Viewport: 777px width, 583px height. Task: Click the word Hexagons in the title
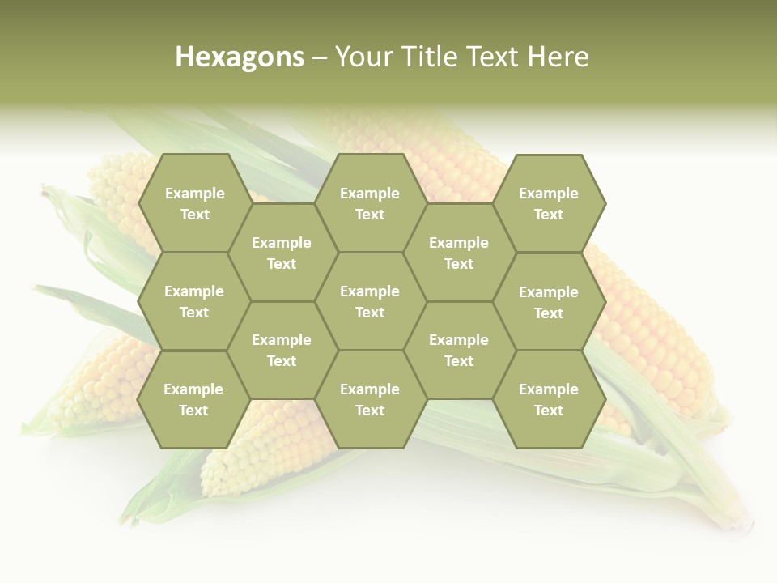pos(240,57)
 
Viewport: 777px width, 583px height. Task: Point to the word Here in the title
pos(558,57)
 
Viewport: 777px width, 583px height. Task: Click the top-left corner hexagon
pos(194,203)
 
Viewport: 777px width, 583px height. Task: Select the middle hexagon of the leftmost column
pos(194,301)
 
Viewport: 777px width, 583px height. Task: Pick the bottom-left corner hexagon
pos(193,399)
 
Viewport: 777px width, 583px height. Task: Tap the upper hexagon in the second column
pos(282,253)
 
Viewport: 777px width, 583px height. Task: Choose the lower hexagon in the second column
pos(282,350)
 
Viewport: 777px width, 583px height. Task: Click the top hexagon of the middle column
pos(370,203)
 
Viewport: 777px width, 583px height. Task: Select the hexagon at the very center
pos(370,301)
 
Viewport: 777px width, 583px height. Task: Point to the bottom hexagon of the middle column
pos(370,399)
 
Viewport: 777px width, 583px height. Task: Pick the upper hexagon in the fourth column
pos(459,253)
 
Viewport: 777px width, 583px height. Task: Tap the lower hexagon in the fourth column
pos(459,350)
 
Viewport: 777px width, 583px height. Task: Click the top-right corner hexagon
pos(549,203)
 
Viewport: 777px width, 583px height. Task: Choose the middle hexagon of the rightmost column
pos(549,302)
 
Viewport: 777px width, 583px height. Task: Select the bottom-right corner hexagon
pos(549,399)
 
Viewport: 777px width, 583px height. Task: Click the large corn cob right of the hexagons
pos(656,340)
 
